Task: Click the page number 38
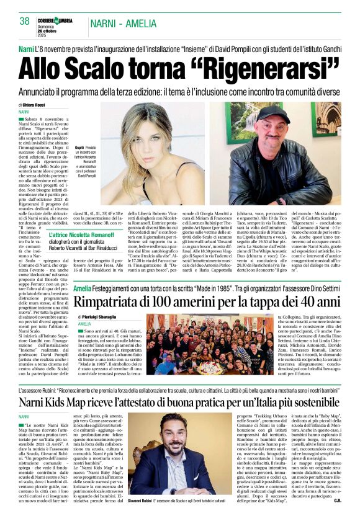click(25, 21)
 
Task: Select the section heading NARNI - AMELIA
click(124, 24)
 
